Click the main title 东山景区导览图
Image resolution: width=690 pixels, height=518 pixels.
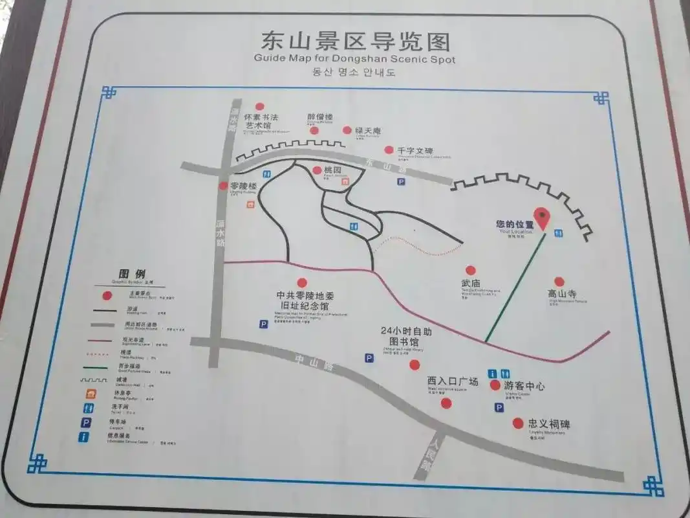point(354,41)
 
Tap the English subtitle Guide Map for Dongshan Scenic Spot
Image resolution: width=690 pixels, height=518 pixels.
point(354,59)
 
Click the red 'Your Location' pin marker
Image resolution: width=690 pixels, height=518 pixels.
point(542,218)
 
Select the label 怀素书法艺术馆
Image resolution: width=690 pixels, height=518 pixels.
point(261,122)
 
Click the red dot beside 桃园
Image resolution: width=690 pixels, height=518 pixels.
point(317,170)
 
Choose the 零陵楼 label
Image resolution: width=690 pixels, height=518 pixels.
point(243,186)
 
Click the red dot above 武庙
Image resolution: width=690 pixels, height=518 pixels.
point(471,270)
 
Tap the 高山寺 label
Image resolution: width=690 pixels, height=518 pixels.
point(562,294)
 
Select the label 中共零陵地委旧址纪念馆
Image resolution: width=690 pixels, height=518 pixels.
point(302,300)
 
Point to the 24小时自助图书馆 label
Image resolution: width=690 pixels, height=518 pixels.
point(405,336)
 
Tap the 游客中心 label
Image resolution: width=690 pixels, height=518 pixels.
point(524,387)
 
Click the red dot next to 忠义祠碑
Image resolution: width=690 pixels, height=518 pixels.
point(517,423)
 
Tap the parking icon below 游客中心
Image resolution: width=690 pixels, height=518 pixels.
point(499,407)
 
